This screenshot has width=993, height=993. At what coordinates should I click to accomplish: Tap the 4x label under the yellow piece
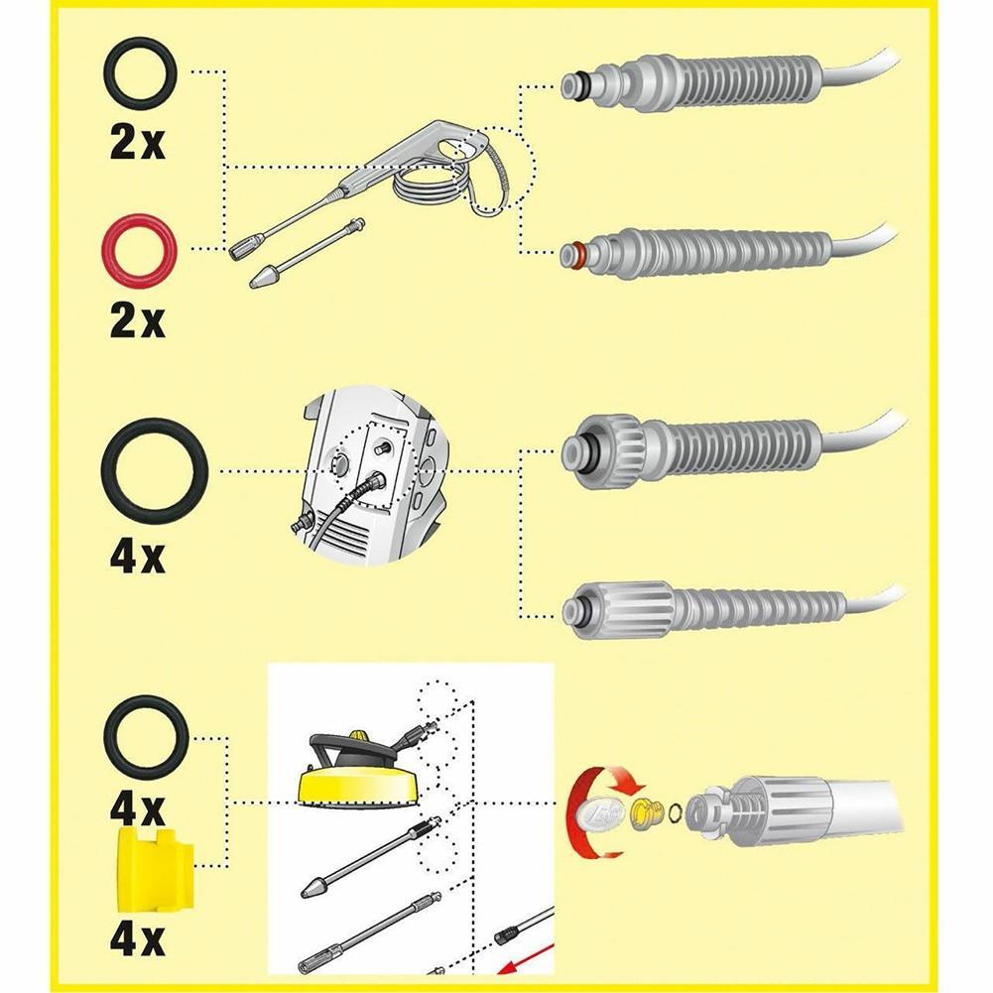(x=138, y=937)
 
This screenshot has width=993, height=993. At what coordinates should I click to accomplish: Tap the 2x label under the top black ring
(x=138, y=144)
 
